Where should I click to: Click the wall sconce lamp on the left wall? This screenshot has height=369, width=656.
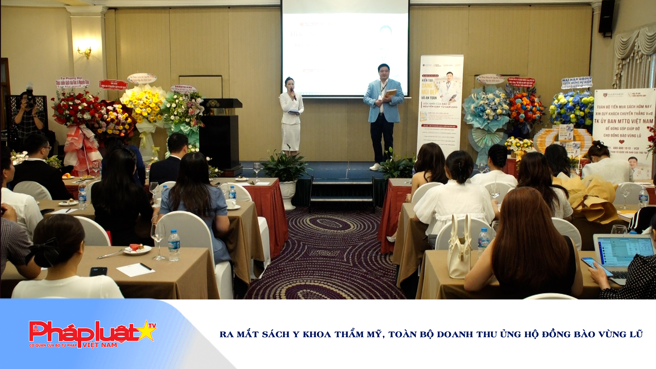click(84, 52)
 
